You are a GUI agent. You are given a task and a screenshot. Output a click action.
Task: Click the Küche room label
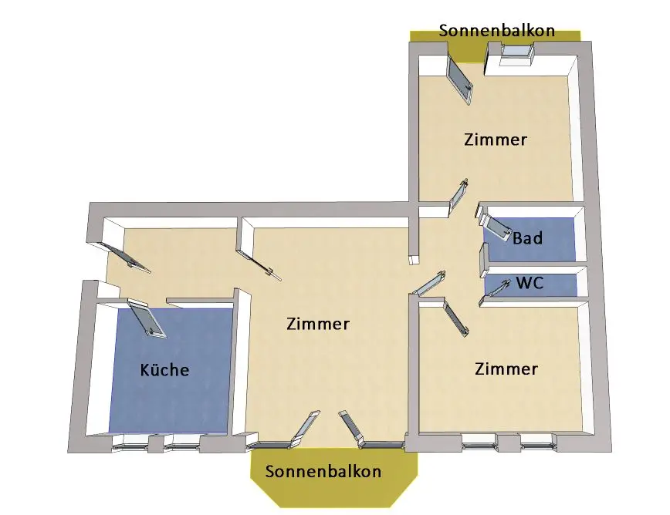coord(164,370)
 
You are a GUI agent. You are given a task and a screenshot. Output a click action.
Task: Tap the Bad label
coord(527,237)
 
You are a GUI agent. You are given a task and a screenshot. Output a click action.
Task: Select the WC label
coord(530,283)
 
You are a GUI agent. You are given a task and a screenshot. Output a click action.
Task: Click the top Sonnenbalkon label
coord(496,31)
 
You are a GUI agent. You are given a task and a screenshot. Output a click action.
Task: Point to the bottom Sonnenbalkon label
coord(323,471)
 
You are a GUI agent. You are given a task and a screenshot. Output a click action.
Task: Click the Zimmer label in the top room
coord(496,140)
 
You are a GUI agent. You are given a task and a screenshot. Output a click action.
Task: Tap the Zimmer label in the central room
coord(317,324)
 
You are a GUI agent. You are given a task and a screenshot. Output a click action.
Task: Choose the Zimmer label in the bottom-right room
coord(506,369)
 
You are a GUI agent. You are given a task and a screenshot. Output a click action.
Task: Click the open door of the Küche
coord(146,319)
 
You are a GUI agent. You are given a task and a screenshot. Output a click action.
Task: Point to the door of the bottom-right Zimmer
coord(455,318)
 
